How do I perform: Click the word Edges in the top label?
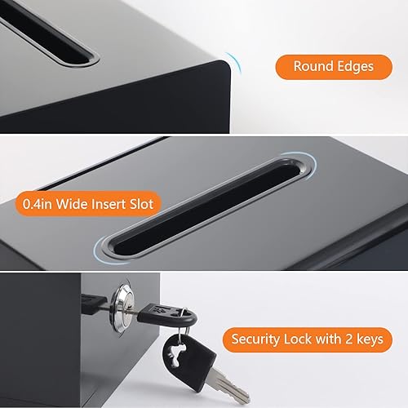point(351,66)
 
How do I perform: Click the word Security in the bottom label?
point(260,338)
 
